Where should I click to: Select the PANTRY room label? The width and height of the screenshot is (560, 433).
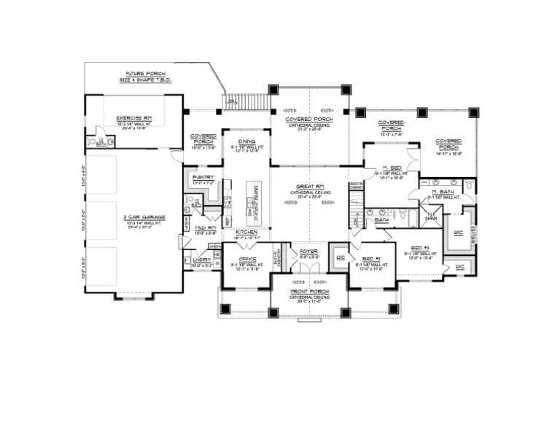click(x=202, y=177)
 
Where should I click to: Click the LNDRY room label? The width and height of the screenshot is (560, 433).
click(x=201, y=260)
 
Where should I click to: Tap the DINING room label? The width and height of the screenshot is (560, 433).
click(x=245, y=143)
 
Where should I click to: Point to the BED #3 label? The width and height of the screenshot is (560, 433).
click(x=422, y=247)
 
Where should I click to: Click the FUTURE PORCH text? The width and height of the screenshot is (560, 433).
click(x=143, y=76)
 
